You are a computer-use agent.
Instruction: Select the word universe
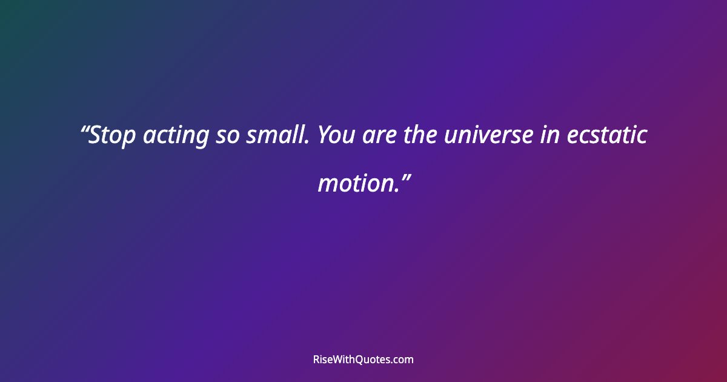point(487,136)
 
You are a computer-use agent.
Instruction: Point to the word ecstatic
point(606,136)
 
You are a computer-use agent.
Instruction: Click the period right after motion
point(395,190)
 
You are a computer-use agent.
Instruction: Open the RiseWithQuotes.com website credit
point(363,360)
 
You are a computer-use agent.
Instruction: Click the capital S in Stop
point(95,135)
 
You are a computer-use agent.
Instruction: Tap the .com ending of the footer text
point(402,360)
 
